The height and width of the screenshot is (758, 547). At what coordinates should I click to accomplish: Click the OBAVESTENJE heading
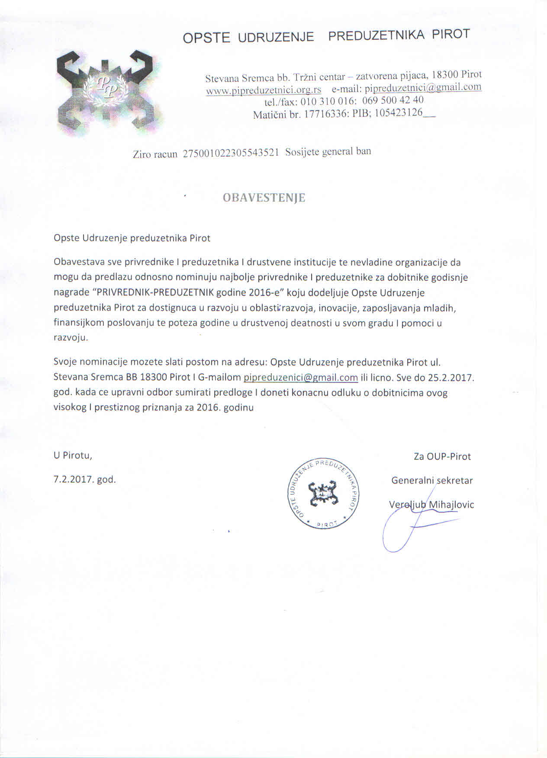[264, 198]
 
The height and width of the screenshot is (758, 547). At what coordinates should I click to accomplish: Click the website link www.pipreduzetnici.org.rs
[263, 90]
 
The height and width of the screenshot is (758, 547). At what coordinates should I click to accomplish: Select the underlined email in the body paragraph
[301, 377]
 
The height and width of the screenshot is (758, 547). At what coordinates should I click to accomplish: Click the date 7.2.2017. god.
[85, 479]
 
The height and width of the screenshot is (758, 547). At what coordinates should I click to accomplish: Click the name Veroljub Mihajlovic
[431, 504]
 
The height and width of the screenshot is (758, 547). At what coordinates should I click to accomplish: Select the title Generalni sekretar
[432, 480]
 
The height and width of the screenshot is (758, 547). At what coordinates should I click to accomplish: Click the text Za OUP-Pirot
[442, 456]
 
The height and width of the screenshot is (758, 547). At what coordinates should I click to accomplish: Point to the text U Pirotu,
[73, 455]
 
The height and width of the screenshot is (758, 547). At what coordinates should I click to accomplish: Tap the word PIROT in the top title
[450, 34]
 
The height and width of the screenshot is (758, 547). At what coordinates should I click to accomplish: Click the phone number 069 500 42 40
[393, 100]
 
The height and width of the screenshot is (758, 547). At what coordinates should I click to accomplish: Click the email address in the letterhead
[423, 88]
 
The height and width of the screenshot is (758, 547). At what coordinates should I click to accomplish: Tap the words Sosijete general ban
[328, 152]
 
